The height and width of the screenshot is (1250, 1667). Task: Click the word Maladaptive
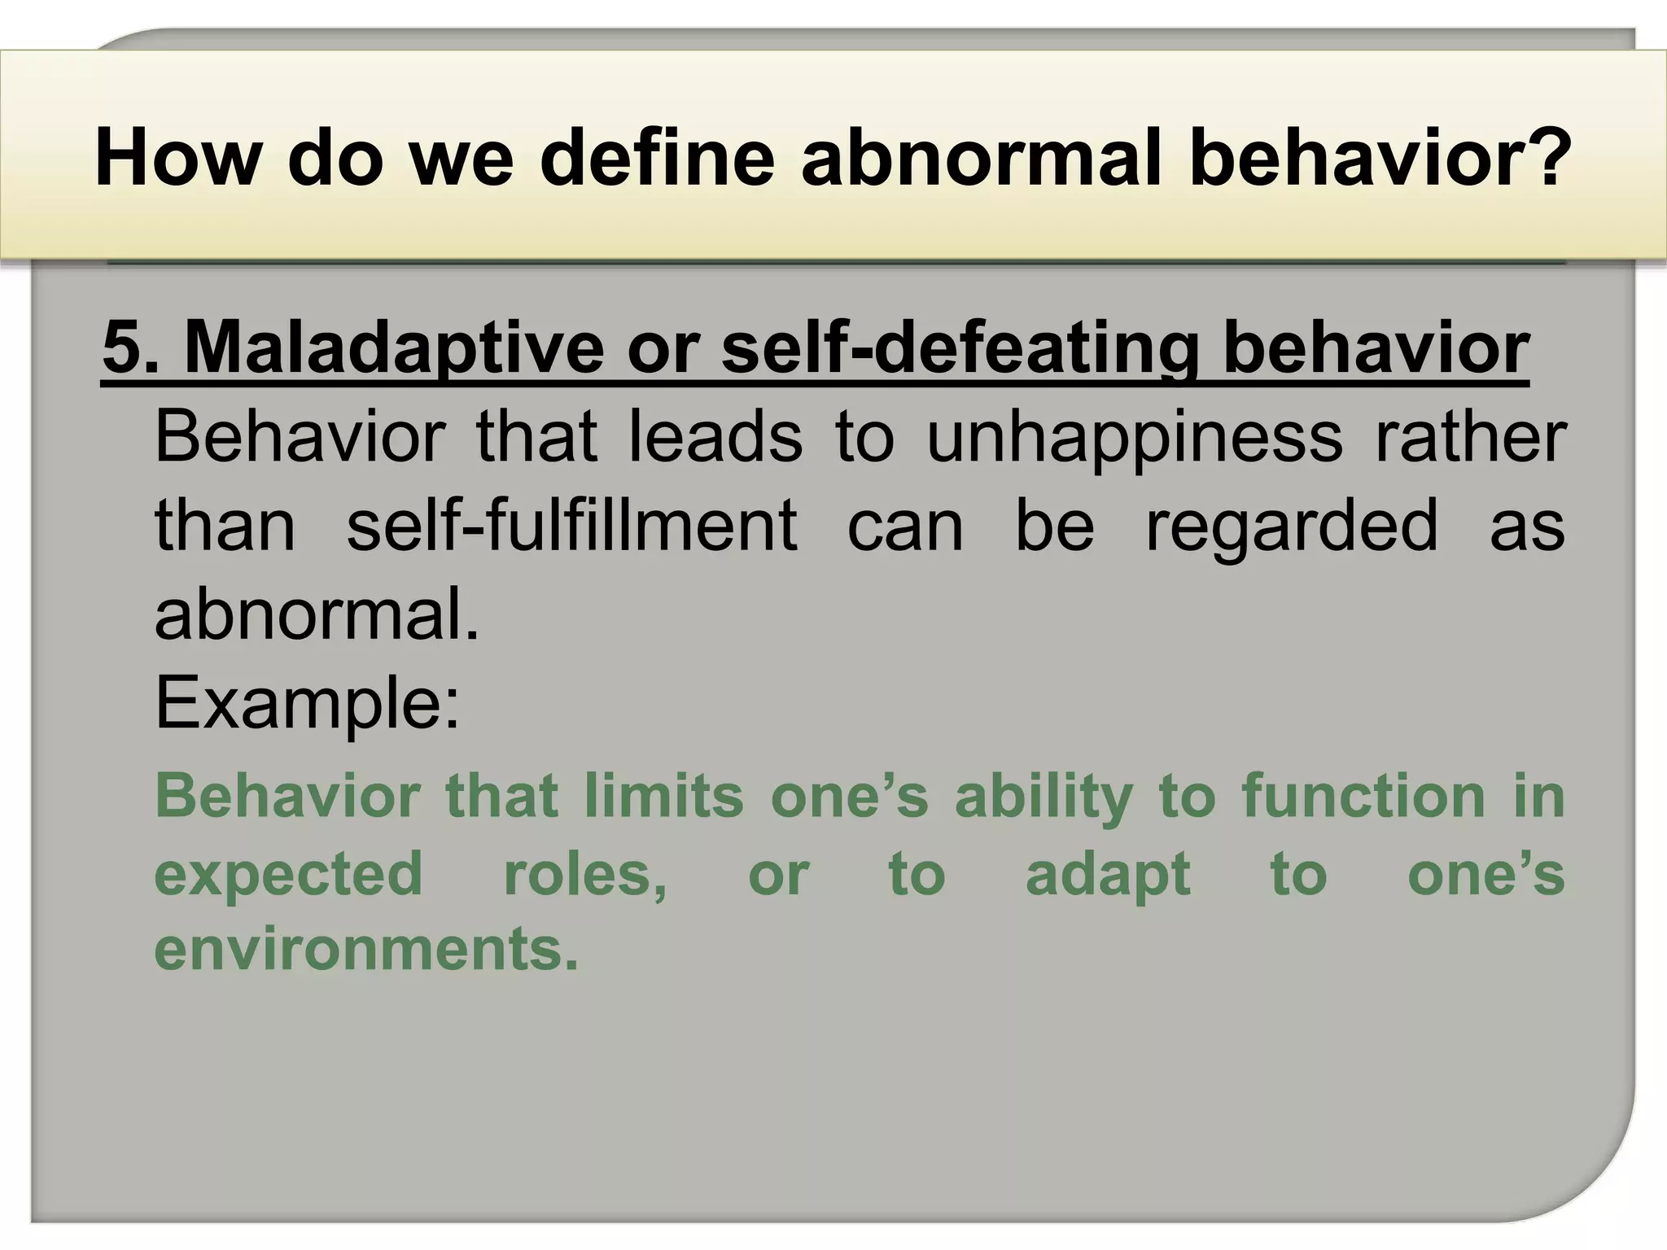coord(395,348)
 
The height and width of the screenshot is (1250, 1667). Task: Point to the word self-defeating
coord(960,348)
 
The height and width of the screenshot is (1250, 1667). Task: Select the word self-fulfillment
coord(572,526)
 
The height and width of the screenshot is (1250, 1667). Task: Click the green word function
coord(1363,795)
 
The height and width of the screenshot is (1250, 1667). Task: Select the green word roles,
coord(585,874)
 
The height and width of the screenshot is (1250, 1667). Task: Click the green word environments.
coord(366,949)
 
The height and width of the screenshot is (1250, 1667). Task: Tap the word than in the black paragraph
coord(225,526)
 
